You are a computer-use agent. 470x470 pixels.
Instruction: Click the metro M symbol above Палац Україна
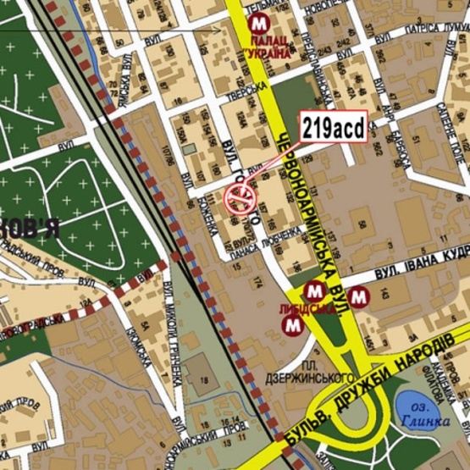point(258,24)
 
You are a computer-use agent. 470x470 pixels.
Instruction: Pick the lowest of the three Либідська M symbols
point(293,323)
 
